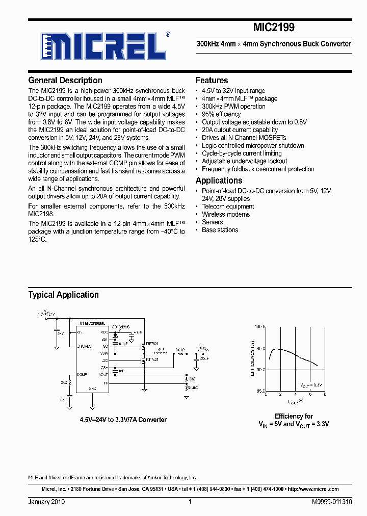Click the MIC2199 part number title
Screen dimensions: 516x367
click(274, 27)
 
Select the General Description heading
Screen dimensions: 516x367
click(65, 81)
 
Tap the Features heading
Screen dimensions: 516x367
click(212, 81)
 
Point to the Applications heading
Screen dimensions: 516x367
click(219, 180)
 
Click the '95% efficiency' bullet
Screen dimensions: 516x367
click(221, 114)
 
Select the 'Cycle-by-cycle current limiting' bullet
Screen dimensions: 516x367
click(242, 153)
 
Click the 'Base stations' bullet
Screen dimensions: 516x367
click(220, 230)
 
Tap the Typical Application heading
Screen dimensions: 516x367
click(64, 295)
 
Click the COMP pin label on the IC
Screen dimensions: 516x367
click(82, 374)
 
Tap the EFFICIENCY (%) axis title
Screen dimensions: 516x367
click(252, 358)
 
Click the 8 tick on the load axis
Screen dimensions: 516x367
click(325, 395)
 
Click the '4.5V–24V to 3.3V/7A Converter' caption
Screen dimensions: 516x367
click(123, 420)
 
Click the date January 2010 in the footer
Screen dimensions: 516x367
click(46, 502)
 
